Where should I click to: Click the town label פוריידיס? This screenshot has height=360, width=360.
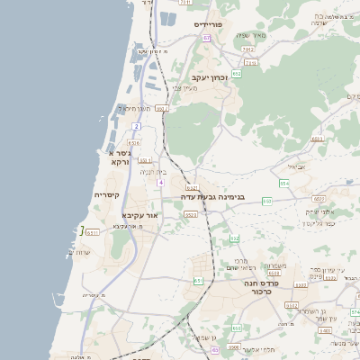[214, 24]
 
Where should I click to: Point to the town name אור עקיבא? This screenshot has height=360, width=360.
[139, 216]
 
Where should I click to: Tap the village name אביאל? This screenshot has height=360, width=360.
[297, 166]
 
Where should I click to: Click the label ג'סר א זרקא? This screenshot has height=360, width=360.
[120, 157]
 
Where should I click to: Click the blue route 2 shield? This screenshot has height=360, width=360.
[136, 126]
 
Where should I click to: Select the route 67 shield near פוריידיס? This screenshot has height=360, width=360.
[206, 39]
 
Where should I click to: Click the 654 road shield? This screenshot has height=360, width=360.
[283, 183]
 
